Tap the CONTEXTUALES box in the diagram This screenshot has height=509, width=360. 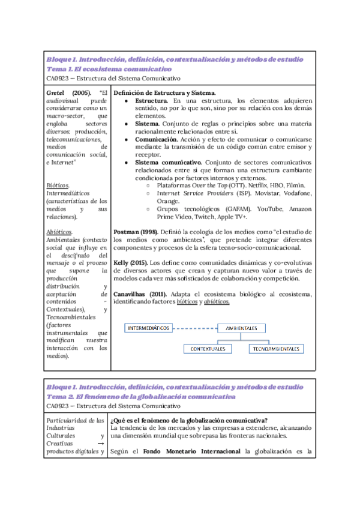(x=208, y=349)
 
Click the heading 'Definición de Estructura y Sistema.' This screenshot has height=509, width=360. (x=164, y=93)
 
